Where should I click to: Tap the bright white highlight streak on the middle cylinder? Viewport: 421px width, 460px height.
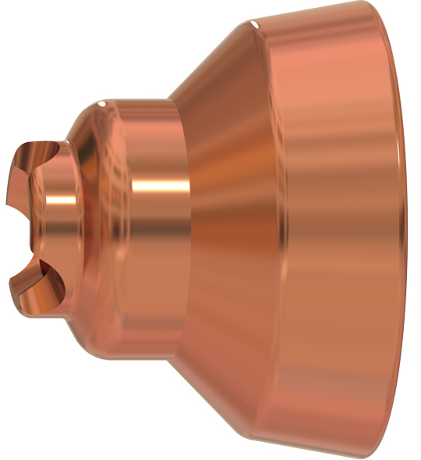pyautogui.click(x=160, y=186)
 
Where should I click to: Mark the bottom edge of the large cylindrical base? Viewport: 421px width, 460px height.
pyautogui.click(x=327, y=451)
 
